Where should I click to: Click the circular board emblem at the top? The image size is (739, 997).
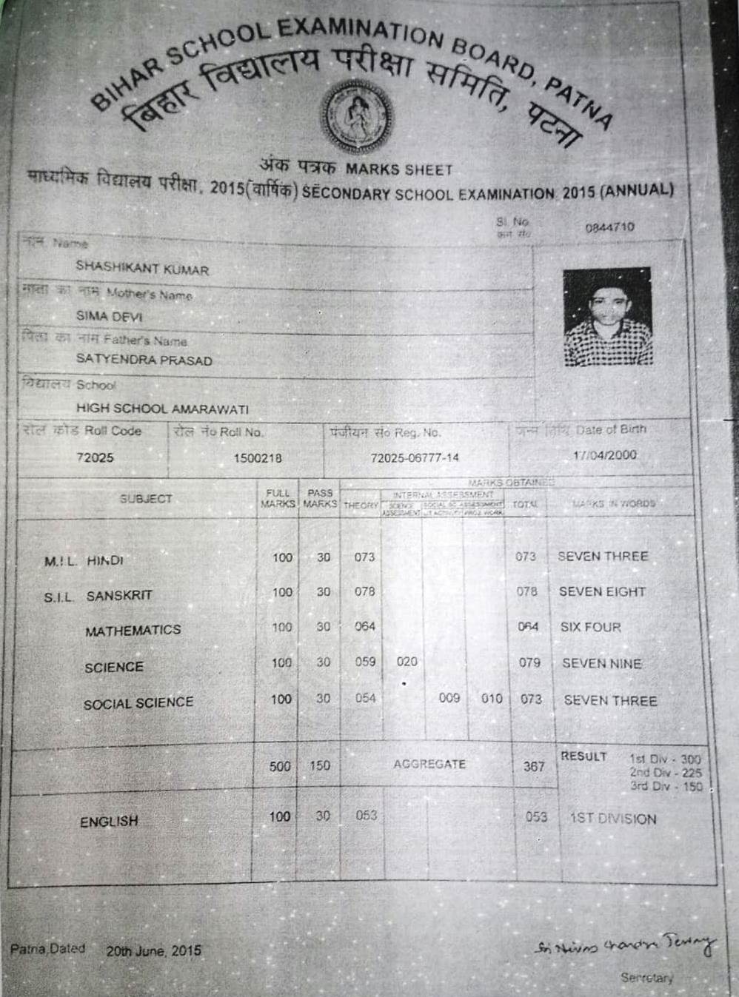tap(356, 115)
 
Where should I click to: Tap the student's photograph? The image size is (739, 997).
tap(608, 317)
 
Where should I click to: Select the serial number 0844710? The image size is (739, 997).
tap(609, 227)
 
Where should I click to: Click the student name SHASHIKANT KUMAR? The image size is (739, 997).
tap(142, 268)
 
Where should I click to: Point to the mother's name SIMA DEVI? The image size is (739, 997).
tap(109, 316)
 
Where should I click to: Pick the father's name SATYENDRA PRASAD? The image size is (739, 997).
tap(144, 360)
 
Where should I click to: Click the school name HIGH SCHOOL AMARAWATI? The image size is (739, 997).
tap(162, 409)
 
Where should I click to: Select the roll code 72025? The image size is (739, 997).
tap(95, 457)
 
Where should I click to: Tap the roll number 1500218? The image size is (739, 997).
tap(258, 458)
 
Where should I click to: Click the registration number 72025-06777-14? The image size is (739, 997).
tap(415, 458)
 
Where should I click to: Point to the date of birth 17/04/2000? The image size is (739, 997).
tap(605, 454)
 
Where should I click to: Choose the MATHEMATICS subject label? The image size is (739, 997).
tap(133, 631)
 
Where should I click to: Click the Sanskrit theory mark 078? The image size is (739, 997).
tap(364, 592)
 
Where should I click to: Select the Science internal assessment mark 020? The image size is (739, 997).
tap(407, 662)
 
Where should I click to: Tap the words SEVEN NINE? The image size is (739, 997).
tap(602, 664)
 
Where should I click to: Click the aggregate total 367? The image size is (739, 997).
tap(534, 767)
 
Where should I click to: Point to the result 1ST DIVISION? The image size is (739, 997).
tap(613, 819)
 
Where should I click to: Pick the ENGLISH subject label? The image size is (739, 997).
tap(109, 822)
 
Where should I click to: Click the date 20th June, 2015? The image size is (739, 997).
tap(153, 951)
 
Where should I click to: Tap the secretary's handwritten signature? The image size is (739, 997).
tap(624, 947)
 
